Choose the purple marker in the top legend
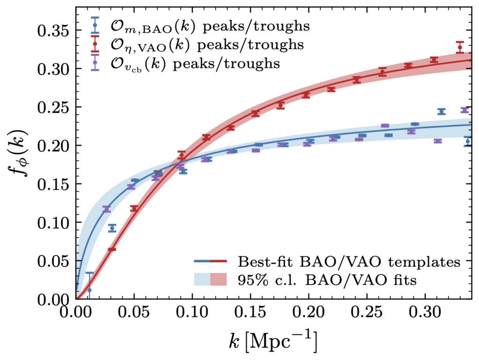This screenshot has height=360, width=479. pos(95,62)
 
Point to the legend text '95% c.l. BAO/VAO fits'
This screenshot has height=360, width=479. pos(327,280)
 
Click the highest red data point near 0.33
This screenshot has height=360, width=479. pos(460,47)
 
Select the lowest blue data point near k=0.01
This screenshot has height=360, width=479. pos(89,290)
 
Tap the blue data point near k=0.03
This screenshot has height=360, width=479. pos(112,228)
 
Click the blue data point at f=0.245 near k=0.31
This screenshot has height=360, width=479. pos(441,111)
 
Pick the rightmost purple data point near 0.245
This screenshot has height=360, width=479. pos(464,110)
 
